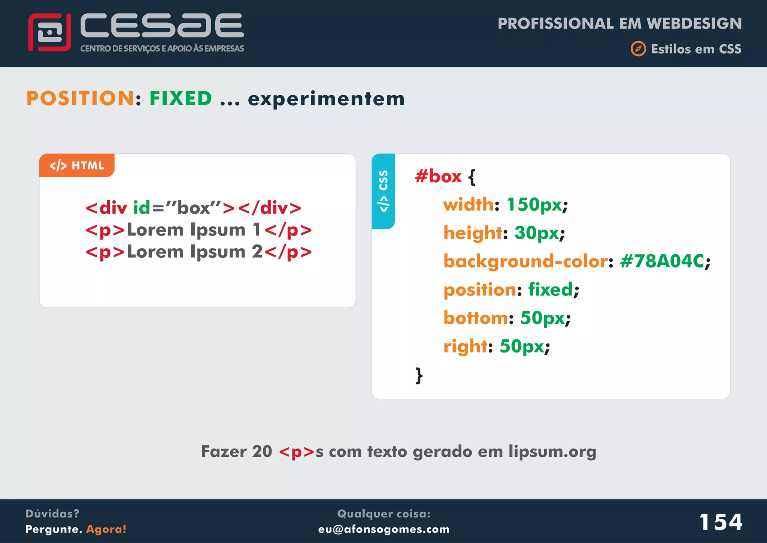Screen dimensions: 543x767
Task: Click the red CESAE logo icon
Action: click(x=49, y=32)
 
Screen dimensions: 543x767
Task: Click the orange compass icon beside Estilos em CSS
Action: click(x=638, y=49)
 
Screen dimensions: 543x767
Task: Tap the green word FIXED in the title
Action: click(x=181, y=98)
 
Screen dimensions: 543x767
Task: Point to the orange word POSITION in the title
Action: click(x=80, y=98)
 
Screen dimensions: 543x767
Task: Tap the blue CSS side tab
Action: click(x=383, y=191)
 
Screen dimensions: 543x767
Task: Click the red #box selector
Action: click(x=438, y=176)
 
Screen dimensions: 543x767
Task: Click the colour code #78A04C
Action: click(x=662, y=261)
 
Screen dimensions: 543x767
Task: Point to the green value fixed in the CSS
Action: click(x=551, y=289)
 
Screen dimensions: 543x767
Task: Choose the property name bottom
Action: click(x=476, y=318)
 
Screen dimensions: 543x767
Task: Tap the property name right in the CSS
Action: click(x=466, y=346)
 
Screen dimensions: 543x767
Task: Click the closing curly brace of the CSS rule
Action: click(x=419, y=375)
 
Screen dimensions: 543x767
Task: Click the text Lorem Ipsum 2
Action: click(x=195, y=252)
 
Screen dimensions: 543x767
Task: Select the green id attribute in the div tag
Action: click(x=142, y=208)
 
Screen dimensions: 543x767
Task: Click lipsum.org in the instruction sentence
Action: click(x=552, y=451)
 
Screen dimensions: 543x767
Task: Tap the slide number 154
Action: click(x=721, y=522)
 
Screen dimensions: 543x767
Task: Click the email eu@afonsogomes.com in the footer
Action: click(x=383, y=529)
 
